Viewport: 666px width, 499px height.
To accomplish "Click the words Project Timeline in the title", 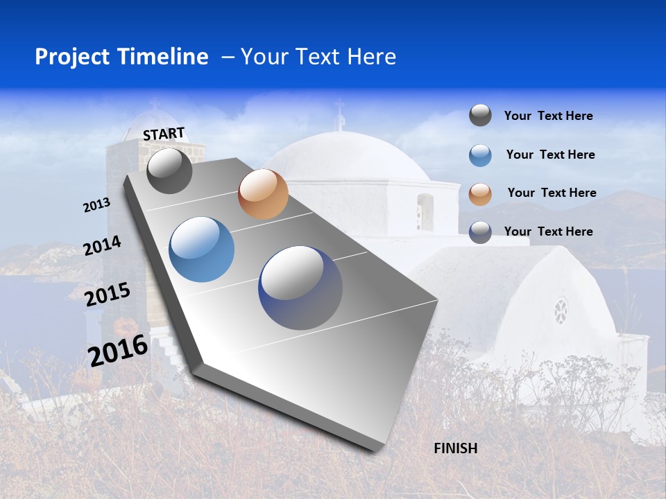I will (x=121, y=57).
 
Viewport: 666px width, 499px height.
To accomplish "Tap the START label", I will (x=164, y=134).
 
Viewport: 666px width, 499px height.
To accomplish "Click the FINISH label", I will (x=456, y=448).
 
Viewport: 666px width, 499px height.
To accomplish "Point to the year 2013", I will (x=97, y=205).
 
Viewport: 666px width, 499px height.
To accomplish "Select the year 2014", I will (x=103, y=246).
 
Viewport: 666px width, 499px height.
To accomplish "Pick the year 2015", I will (x=108, y=294).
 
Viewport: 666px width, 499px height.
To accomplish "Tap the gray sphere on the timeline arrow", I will (x=170, y=171).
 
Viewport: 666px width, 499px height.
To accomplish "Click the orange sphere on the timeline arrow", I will (x=263, y=194).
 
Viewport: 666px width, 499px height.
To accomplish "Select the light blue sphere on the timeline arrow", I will (x=202, y=249).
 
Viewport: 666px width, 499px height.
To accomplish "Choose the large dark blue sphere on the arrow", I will (x=300, y=288).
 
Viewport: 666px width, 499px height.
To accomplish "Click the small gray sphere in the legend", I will (x=480, y=116).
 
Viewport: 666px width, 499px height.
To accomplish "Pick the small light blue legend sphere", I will (x=480, y=155).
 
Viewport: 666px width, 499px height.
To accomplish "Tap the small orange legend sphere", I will (x=480, y=194).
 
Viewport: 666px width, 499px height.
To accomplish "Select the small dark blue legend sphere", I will (x=480, y=232).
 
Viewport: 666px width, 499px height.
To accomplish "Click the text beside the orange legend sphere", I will (x=552, y=193).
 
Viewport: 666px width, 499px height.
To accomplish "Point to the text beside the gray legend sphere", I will (x=548, y=116).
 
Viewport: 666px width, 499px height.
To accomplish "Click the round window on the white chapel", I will (x=561, y=310).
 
